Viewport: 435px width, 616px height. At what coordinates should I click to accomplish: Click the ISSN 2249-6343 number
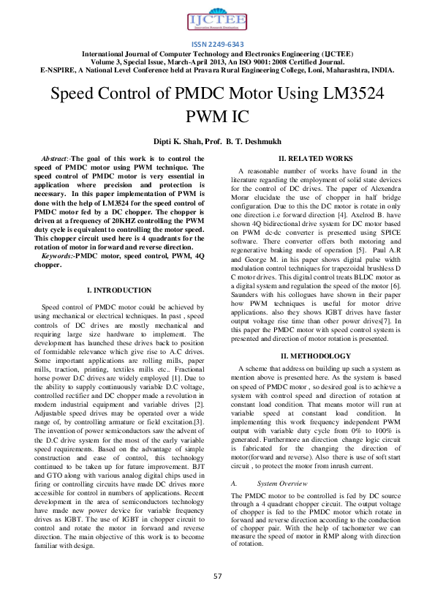click(x=217, y=45)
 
